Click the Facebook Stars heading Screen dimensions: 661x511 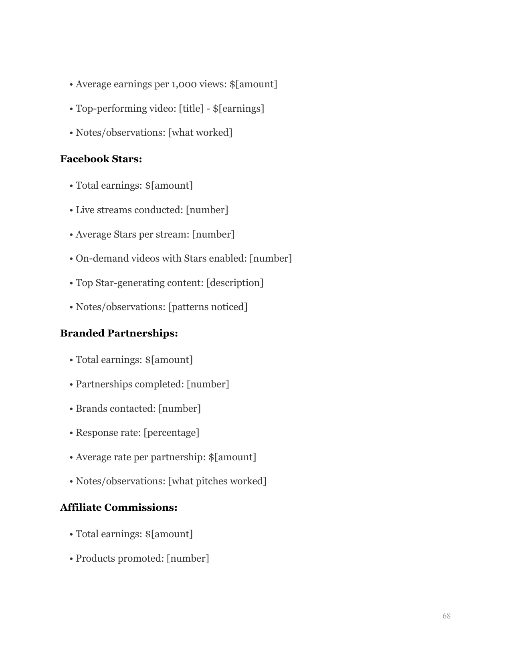(101, 159)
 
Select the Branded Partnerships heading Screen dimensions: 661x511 (119, 333)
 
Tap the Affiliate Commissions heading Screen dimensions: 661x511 (119, 508)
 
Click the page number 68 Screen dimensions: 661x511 (446, 616)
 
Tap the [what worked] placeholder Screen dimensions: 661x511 (200, 133)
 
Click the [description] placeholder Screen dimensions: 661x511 (235, 283)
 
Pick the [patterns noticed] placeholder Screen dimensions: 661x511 (208, 307)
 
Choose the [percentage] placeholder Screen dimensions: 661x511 (171, 433)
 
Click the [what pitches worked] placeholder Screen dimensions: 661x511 (217, 481)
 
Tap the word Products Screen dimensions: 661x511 (95, 558)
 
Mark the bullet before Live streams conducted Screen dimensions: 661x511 (71, 210)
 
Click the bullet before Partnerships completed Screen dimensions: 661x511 (71, 385)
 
